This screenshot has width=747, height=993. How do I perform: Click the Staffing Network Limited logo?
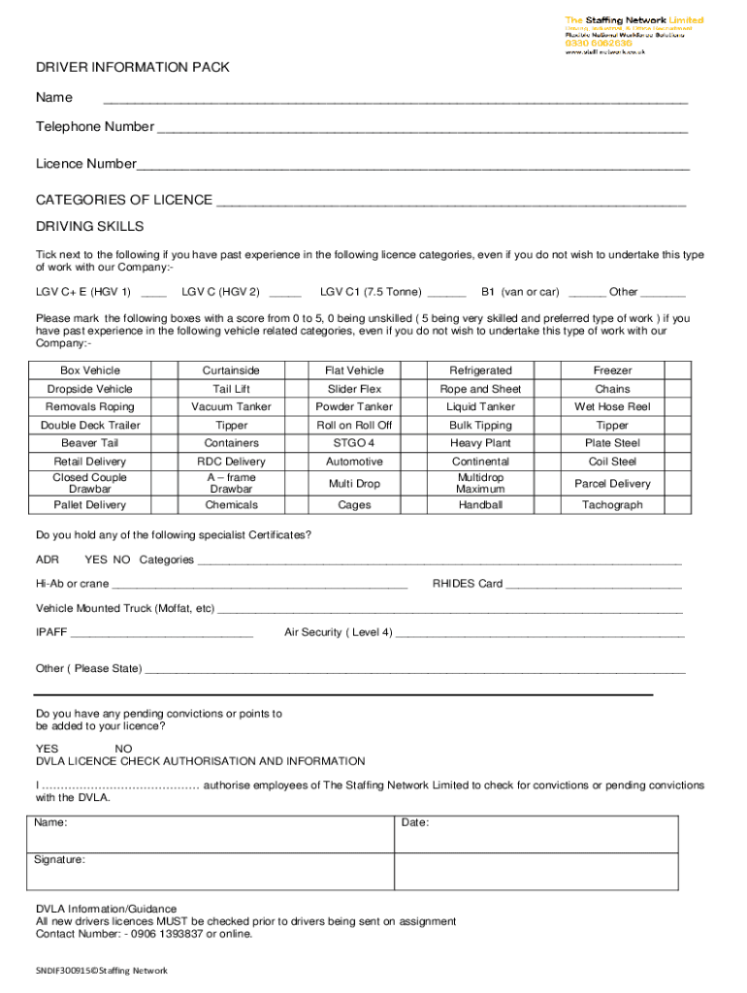633,35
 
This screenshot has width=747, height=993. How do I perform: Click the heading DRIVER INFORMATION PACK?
133,67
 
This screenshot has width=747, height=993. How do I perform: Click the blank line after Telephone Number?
422,128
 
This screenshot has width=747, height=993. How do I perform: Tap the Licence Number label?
86,164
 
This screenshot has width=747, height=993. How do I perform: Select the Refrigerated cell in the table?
480,370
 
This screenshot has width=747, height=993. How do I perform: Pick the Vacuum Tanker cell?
232,406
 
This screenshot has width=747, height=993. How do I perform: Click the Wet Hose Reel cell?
612,406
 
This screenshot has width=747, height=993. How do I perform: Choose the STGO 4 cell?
354,443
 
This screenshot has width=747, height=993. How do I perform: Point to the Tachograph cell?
612,504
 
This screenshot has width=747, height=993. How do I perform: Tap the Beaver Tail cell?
90,443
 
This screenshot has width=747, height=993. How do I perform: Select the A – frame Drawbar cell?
232,483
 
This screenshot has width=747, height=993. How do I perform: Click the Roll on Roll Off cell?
354,425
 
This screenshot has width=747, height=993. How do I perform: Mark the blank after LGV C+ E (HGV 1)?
153,293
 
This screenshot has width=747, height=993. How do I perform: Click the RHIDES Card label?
468,584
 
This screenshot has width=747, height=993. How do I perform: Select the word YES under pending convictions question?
47,749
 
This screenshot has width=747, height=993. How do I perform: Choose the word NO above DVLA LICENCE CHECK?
124,749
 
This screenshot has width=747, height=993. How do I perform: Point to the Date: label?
415,822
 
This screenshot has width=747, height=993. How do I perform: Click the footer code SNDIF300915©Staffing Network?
102,970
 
